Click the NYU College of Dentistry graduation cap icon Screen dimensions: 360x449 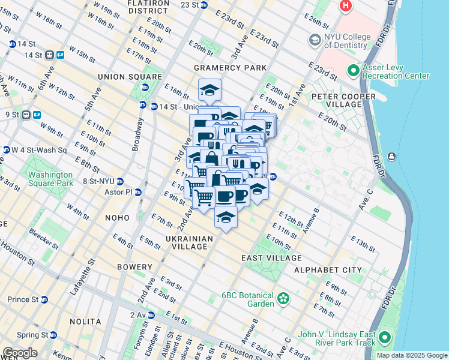[315, 40]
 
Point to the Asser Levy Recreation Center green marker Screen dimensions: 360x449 [353, 71]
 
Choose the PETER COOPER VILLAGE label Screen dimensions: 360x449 [336, 100]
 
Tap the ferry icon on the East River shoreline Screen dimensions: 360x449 [391, 157]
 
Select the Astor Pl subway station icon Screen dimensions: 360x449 [138, 193]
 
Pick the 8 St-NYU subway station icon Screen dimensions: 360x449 [120, 181]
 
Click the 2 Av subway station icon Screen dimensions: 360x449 [151, 315]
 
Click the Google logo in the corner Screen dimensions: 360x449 [20, 353]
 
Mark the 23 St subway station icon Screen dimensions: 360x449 [203, 5]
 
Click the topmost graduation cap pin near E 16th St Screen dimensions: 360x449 [209, 90]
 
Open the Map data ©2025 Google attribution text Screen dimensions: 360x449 [412, 355]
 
